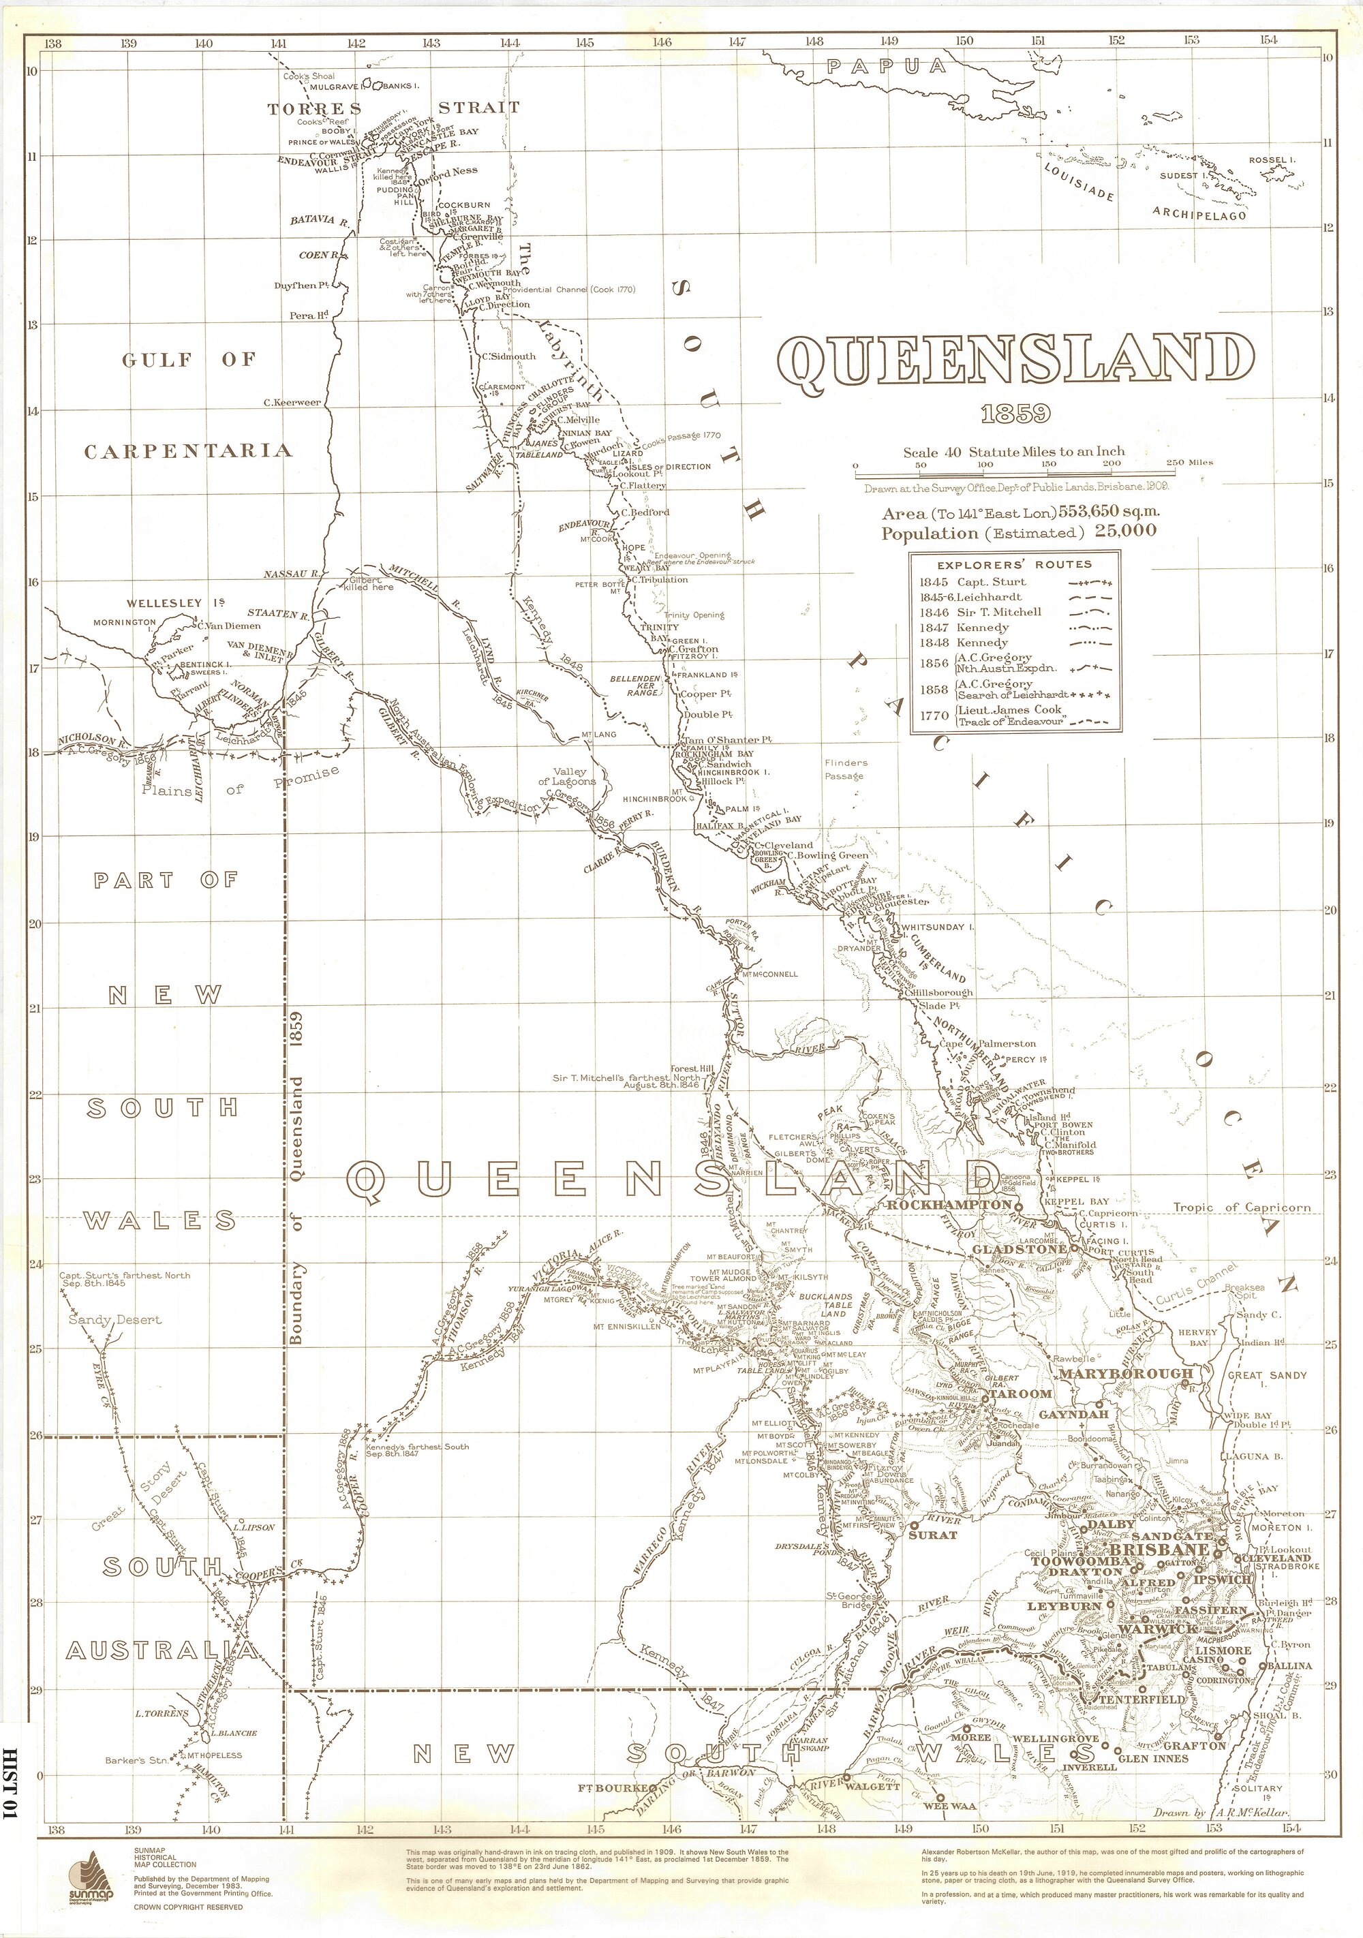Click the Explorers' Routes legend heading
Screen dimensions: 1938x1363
(x=1015, y=564)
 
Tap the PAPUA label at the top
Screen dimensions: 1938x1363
(x=886, y=67)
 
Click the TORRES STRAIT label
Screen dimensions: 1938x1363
(x=393, y=108)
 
